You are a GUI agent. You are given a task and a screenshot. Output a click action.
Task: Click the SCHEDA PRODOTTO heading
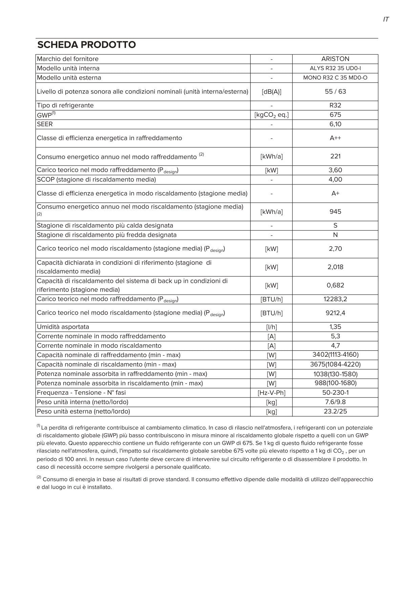click(x=86, y=45)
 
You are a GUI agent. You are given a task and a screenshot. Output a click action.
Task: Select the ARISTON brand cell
click(x=335, y=59)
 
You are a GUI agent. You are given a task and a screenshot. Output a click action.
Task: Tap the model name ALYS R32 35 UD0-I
click(x=335, y=68)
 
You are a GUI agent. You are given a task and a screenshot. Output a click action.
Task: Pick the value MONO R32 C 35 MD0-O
click(x=335, y=78)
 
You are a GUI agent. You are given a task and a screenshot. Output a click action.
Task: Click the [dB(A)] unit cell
click(x=271, y=92)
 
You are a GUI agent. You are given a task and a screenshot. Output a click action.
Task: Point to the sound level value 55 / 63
click(x=335, y=92)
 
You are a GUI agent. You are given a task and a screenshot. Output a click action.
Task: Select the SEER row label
click(x=45, y=124)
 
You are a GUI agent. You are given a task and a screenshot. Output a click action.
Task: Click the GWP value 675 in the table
click(x=335, y=115)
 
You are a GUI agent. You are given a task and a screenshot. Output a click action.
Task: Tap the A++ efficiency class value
click(x=335, y=138)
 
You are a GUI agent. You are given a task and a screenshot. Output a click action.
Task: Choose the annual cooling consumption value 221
click(x=335, y=156)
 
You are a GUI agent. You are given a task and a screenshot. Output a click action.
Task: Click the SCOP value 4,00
click(x=335, y=180)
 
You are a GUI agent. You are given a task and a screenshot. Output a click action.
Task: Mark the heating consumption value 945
click(x=335, y=212)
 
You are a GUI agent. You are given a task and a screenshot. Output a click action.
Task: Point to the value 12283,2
click(x=335, y=299)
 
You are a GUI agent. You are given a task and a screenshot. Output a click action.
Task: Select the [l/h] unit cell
click(x=271, y=327)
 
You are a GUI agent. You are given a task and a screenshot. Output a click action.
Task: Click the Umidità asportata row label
click(x=63, y=327)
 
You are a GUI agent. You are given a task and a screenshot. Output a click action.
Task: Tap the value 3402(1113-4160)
click(x=335, y=355)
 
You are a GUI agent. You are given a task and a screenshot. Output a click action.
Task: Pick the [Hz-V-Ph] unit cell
click(x=271, y=393)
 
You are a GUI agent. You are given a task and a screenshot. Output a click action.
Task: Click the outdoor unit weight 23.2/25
click(x=335, y=412)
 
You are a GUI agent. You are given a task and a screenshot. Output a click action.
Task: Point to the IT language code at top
click(x=386, y=20)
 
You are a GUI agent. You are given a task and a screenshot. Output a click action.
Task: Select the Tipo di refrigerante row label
click(x=65, y=106)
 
